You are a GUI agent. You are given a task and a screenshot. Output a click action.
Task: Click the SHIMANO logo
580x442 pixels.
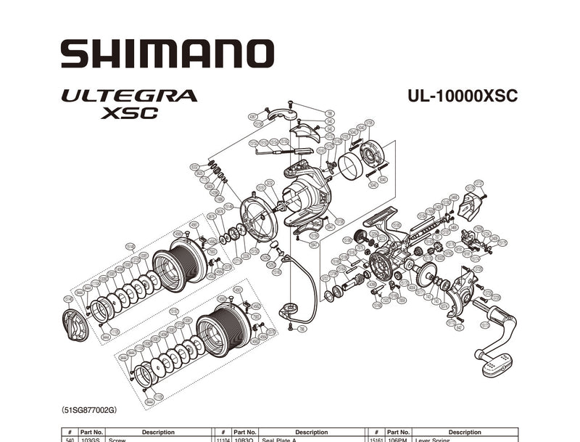167,54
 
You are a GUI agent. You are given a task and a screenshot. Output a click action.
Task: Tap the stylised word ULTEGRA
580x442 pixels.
130,95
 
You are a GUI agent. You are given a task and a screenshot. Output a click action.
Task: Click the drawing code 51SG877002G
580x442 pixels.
89,410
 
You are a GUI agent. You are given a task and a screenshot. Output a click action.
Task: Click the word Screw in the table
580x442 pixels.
117,439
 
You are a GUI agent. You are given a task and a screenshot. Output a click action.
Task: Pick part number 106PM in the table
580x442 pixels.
397,439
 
